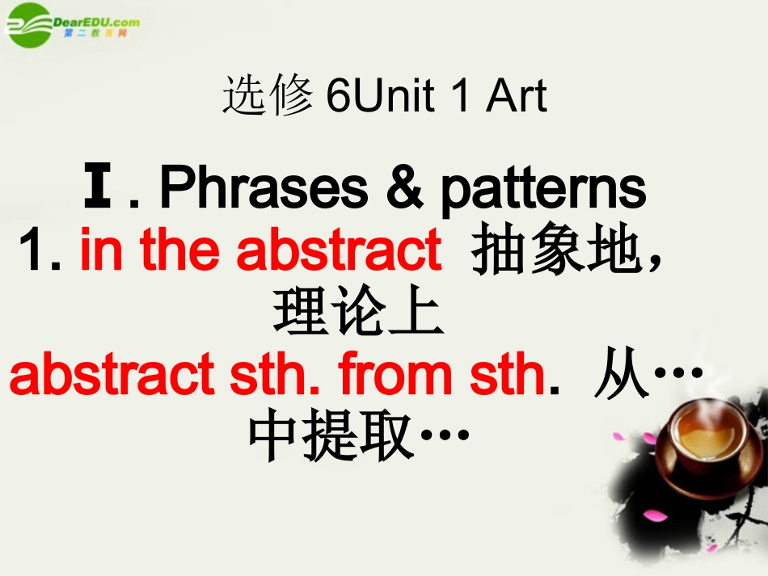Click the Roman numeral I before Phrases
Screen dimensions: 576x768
coord(98,188)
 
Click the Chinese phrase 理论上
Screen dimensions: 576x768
coord(359,314)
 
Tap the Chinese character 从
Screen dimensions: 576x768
coord(622,376)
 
